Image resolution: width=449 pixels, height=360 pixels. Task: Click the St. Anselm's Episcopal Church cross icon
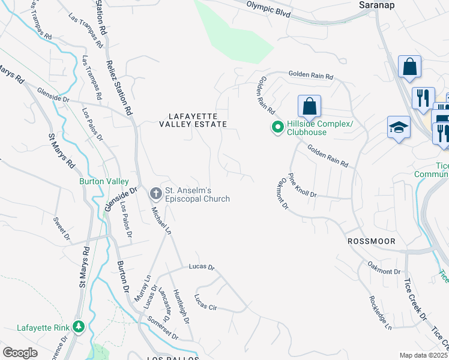tap(155, 193)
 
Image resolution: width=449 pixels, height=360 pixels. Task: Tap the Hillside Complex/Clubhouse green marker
tap(278, 127)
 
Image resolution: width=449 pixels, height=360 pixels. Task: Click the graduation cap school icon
tap(398, 127)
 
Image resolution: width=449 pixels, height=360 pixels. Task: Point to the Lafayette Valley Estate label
tap(197, 119)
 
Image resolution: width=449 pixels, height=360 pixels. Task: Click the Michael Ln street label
tap(161, 220)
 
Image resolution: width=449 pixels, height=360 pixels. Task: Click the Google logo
tap(20, 353)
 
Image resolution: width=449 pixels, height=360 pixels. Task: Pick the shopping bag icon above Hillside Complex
tap(309, 106)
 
